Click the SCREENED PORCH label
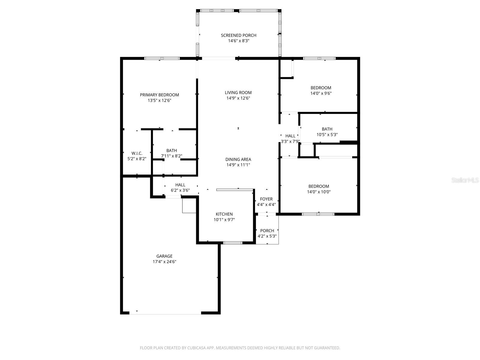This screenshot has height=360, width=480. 238,35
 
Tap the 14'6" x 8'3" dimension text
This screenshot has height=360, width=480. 238,41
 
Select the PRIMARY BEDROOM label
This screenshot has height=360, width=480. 159,95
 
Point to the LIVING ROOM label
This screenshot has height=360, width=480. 238,93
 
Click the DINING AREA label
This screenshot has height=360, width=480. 238,160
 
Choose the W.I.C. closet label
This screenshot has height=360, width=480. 137,153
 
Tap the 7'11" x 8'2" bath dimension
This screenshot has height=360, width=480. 172,156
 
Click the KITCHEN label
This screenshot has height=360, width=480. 224,214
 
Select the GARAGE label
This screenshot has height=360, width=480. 164,256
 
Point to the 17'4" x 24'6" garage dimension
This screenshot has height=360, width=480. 164,262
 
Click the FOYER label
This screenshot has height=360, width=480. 266,199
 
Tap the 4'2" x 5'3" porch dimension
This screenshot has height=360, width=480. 267,236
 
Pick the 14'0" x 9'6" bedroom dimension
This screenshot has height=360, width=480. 321,93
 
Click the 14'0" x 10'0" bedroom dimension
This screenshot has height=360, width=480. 319,192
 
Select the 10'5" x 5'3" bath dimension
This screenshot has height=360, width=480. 327,135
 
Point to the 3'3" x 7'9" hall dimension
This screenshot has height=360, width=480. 290,141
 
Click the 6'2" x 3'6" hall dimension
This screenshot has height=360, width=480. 180,190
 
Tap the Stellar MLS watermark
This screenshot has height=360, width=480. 465,180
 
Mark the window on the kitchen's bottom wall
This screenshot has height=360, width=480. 233,243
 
